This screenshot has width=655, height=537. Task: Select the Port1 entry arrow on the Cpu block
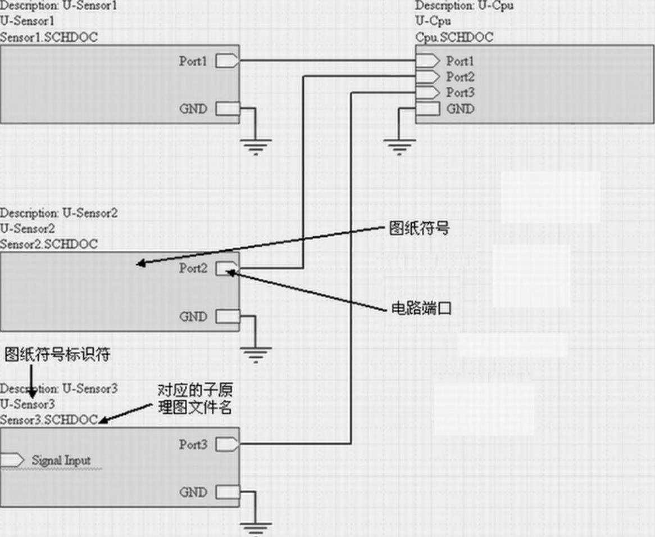[427, 60]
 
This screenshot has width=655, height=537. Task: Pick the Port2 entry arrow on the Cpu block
[427, 76]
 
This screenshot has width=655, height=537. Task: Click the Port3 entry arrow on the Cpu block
[427, 92]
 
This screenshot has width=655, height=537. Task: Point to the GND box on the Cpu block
[427, 109]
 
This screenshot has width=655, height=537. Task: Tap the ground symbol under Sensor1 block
[256, 146]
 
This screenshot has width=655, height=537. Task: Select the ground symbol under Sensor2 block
[256, 354]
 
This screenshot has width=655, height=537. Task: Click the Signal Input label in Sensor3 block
[61, 461]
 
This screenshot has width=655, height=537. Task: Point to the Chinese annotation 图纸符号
[419, 228]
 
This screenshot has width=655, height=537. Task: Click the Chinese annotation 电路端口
[421, 308]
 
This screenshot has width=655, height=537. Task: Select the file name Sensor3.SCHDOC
[49, 419]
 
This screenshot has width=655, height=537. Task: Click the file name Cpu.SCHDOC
[454, 37]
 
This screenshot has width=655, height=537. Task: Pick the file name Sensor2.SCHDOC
[49, 244]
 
